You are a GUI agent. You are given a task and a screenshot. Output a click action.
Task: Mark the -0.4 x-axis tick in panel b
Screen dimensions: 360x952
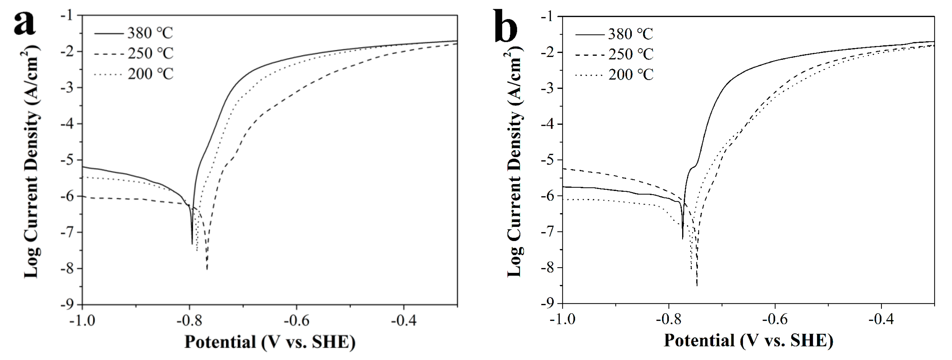[x=881, y=319]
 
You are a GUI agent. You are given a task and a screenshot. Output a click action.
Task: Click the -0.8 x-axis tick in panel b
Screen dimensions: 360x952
[x=668, y=319]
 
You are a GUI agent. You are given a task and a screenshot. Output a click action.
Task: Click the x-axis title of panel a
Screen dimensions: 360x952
[x=270, y=342]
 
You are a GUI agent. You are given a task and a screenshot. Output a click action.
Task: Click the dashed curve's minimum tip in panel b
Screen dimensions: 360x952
[x=697, y=285]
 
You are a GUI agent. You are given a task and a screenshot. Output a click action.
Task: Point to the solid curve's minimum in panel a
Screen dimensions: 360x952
[x=192, y=244]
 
